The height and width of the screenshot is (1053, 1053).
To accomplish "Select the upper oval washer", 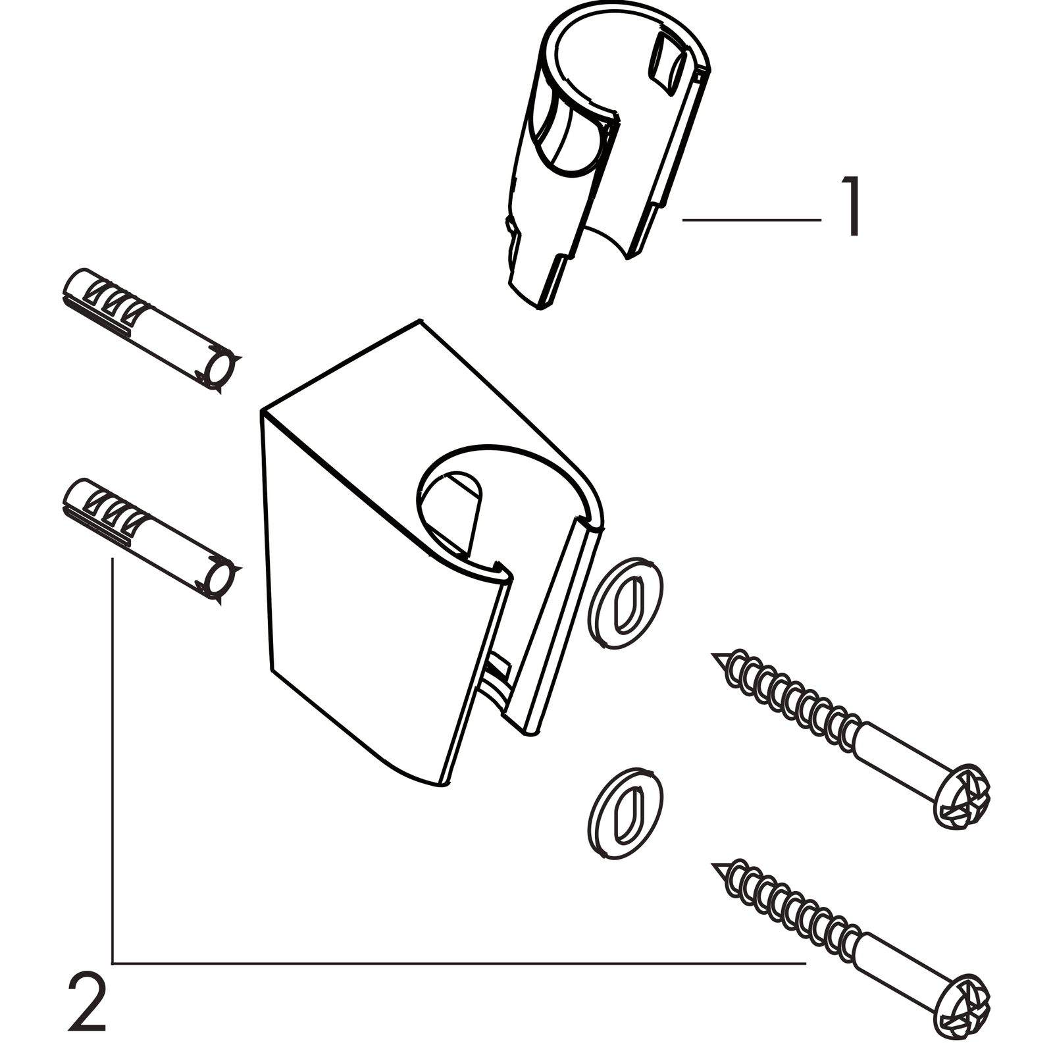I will click(624, 604).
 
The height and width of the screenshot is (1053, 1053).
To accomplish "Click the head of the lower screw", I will click(963, 1001).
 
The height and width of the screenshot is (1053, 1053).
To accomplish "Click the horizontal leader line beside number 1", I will click(750, 220).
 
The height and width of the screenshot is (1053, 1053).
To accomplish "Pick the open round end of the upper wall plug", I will click(220, 369).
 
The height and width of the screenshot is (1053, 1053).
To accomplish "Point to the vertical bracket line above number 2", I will click(113, 757).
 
